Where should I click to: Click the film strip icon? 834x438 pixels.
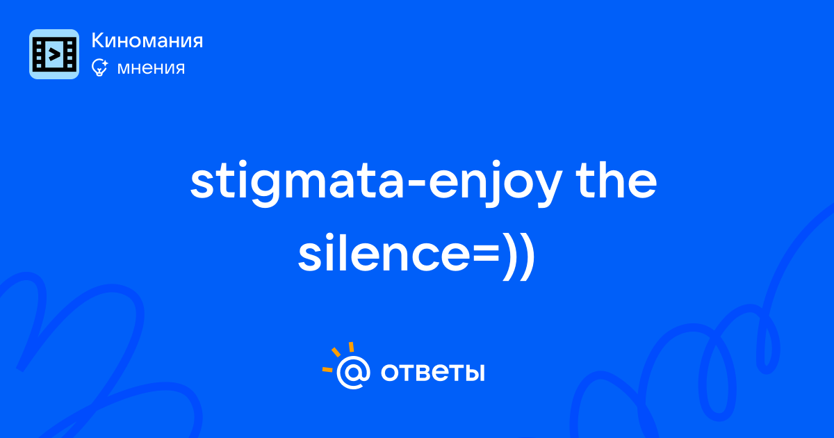[54, 54]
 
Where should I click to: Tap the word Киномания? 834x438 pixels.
[147, 40]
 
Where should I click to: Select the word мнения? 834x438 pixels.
[151, 68]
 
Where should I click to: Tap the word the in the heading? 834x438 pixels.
[616, 180]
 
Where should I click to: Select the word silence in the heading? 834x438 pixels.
[384, 252]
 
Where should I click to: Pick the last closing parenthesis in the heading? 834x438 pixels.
[528, 257]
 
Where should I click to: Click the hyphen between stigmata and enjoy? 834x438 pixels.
[416, 186]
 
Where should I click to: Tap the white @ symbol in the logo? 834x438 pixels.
[353, 373]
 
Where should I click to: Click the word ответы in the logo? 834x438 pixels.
[432, 372]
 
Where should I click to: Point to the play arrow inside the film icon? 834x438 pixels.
[54, 55]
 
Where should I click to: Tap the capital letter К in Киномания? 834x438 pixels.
[98, 40]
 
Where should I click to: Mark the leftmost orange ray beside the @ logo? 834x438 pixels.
[327, 369]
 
